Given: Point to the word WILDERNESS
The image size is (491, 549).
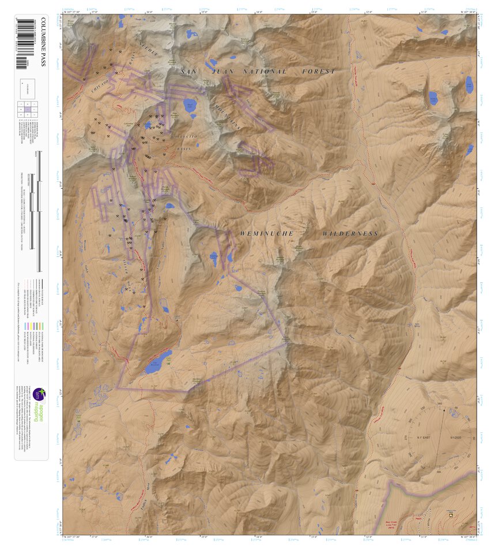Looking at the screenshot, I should (x=350, y=234).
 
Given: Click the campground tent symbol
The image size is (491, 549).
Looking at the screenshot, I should (x=448, y=517).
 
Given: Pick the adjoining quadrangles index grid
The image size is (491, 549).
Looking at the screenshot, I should (x=28, y=108).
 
